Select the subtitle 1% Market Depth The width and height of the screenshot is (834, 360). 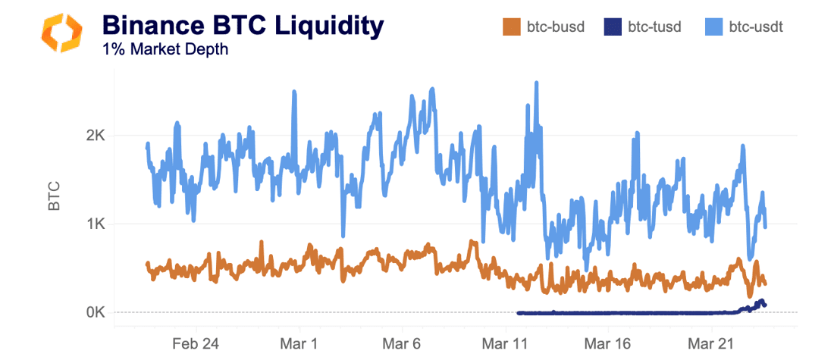pos(165,50)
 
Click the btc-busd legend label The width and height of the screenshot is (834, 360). pos(555,27)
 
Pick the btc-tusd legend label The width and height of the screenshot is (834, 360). pos(654,27)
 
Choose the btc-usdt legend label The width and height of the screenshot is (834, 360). pos(756,27)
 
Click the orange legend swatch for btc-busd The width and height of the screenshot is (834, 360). pos(511,27)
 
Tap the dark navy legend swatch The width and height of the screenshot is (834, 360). pos(612,27)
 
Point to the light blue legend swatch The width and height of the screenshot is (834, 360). pos(713,27)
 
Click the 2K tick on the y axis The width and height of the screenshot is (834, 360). pos(95,136)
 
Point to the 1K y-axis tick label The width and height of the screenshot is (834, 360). pos(95,224)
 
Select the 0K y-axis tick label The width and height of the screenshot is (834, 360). pos(95,312)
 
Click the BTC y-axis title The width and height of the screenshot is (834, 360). pos(54,196)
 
